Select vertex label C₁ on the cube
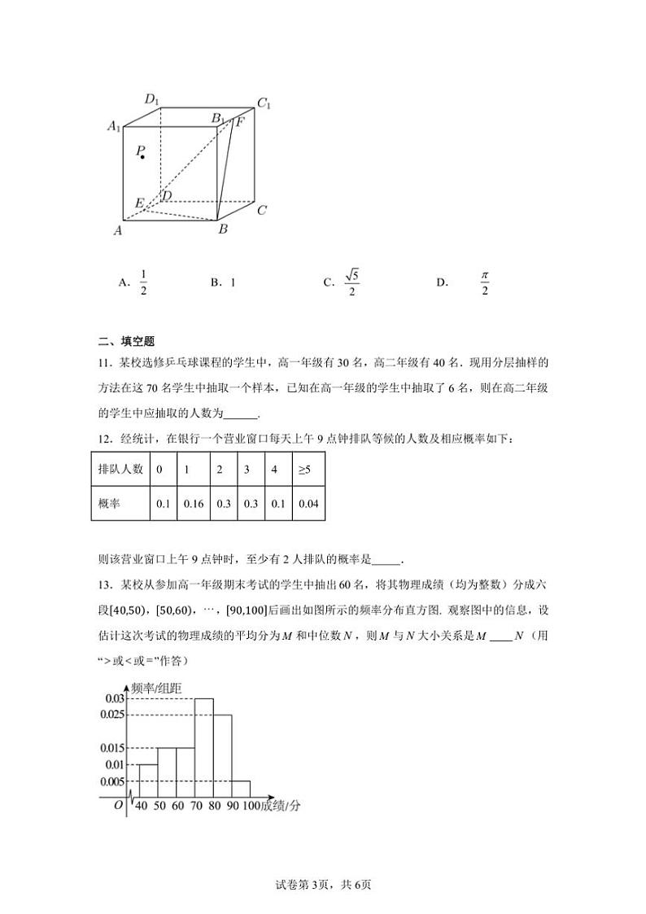(264, 103)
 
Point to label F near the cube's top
(240, 122)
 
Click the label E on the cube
(140, 203)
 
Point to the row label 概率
(109, 504)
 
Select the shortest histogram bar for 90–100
(240, 789)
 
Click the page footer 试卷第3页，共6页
(323, 885)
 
